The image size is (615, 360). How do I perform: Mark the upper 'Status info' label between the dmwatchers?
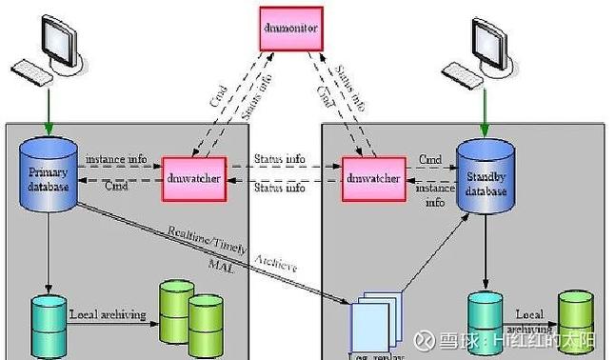pos(280,157)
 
